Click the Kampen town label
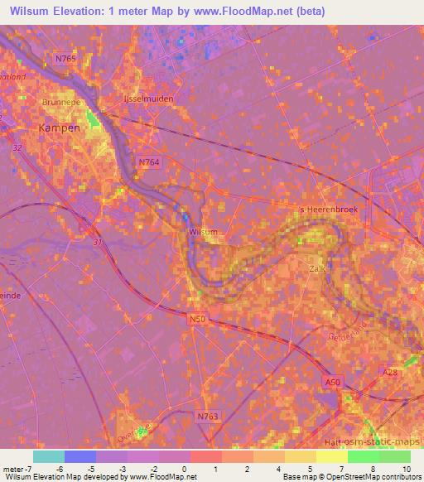tap(60, 128)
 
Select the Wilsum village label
tap(203, 233)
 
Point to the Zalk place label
tap(316, 269)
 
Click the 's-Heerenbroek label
tap(330, 210)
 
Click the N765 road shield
tap(65, 59)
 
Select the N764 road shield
tap(148, 163)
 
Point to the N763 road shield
tap(208, 417)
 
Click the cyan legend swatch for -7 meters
tap(49, 456)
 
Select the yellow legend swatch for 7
tap(332, 456)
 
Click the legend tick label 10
tap(405, 470)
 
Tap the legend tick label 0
tap(183, 470)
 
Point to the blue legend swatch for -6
tap(80, 456)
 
